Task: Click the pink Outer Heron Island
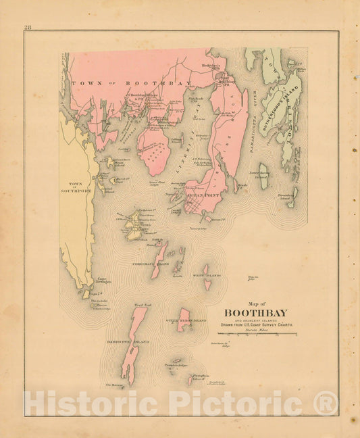click(183, 320)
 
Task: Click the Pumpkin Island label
click(200, 377)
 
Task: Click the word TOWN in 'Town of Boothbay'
click(83, 82)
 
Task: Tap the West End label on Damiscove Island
click(143, 306)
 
